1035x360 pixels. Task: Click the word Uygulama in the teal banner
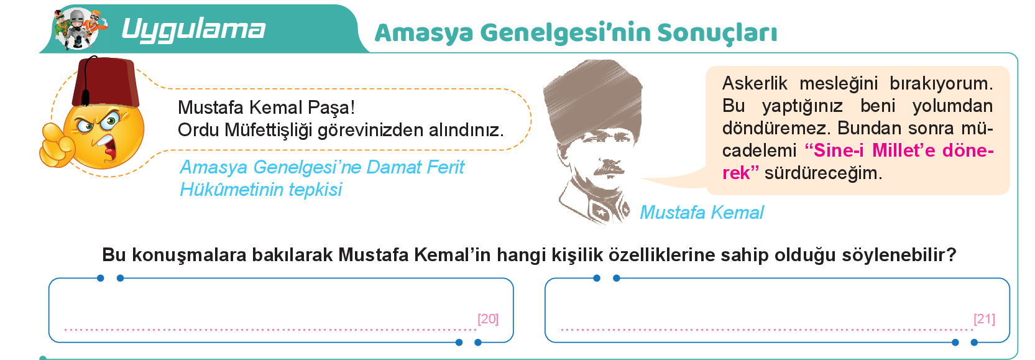click(193, 30)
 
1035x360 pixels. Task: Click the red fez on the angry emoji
click(106, 83)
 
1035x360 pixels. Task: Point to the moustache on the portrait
click(609, 170)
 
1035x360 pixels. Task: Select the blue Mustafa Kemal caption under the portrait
click(702, 213)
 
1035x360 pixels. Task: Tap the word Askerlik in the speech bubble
click(755, 84)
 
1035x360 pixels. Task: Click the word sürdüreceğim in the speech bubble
click(824, 173)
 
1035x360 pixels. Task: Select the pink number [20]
click(488, 319)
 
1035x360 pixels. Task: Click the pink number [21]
click(984, 319)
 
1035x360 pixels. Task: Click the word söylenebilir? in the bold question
click(899, 255)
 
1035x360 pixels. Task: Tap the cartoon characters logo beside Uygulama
click(80, 29)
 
